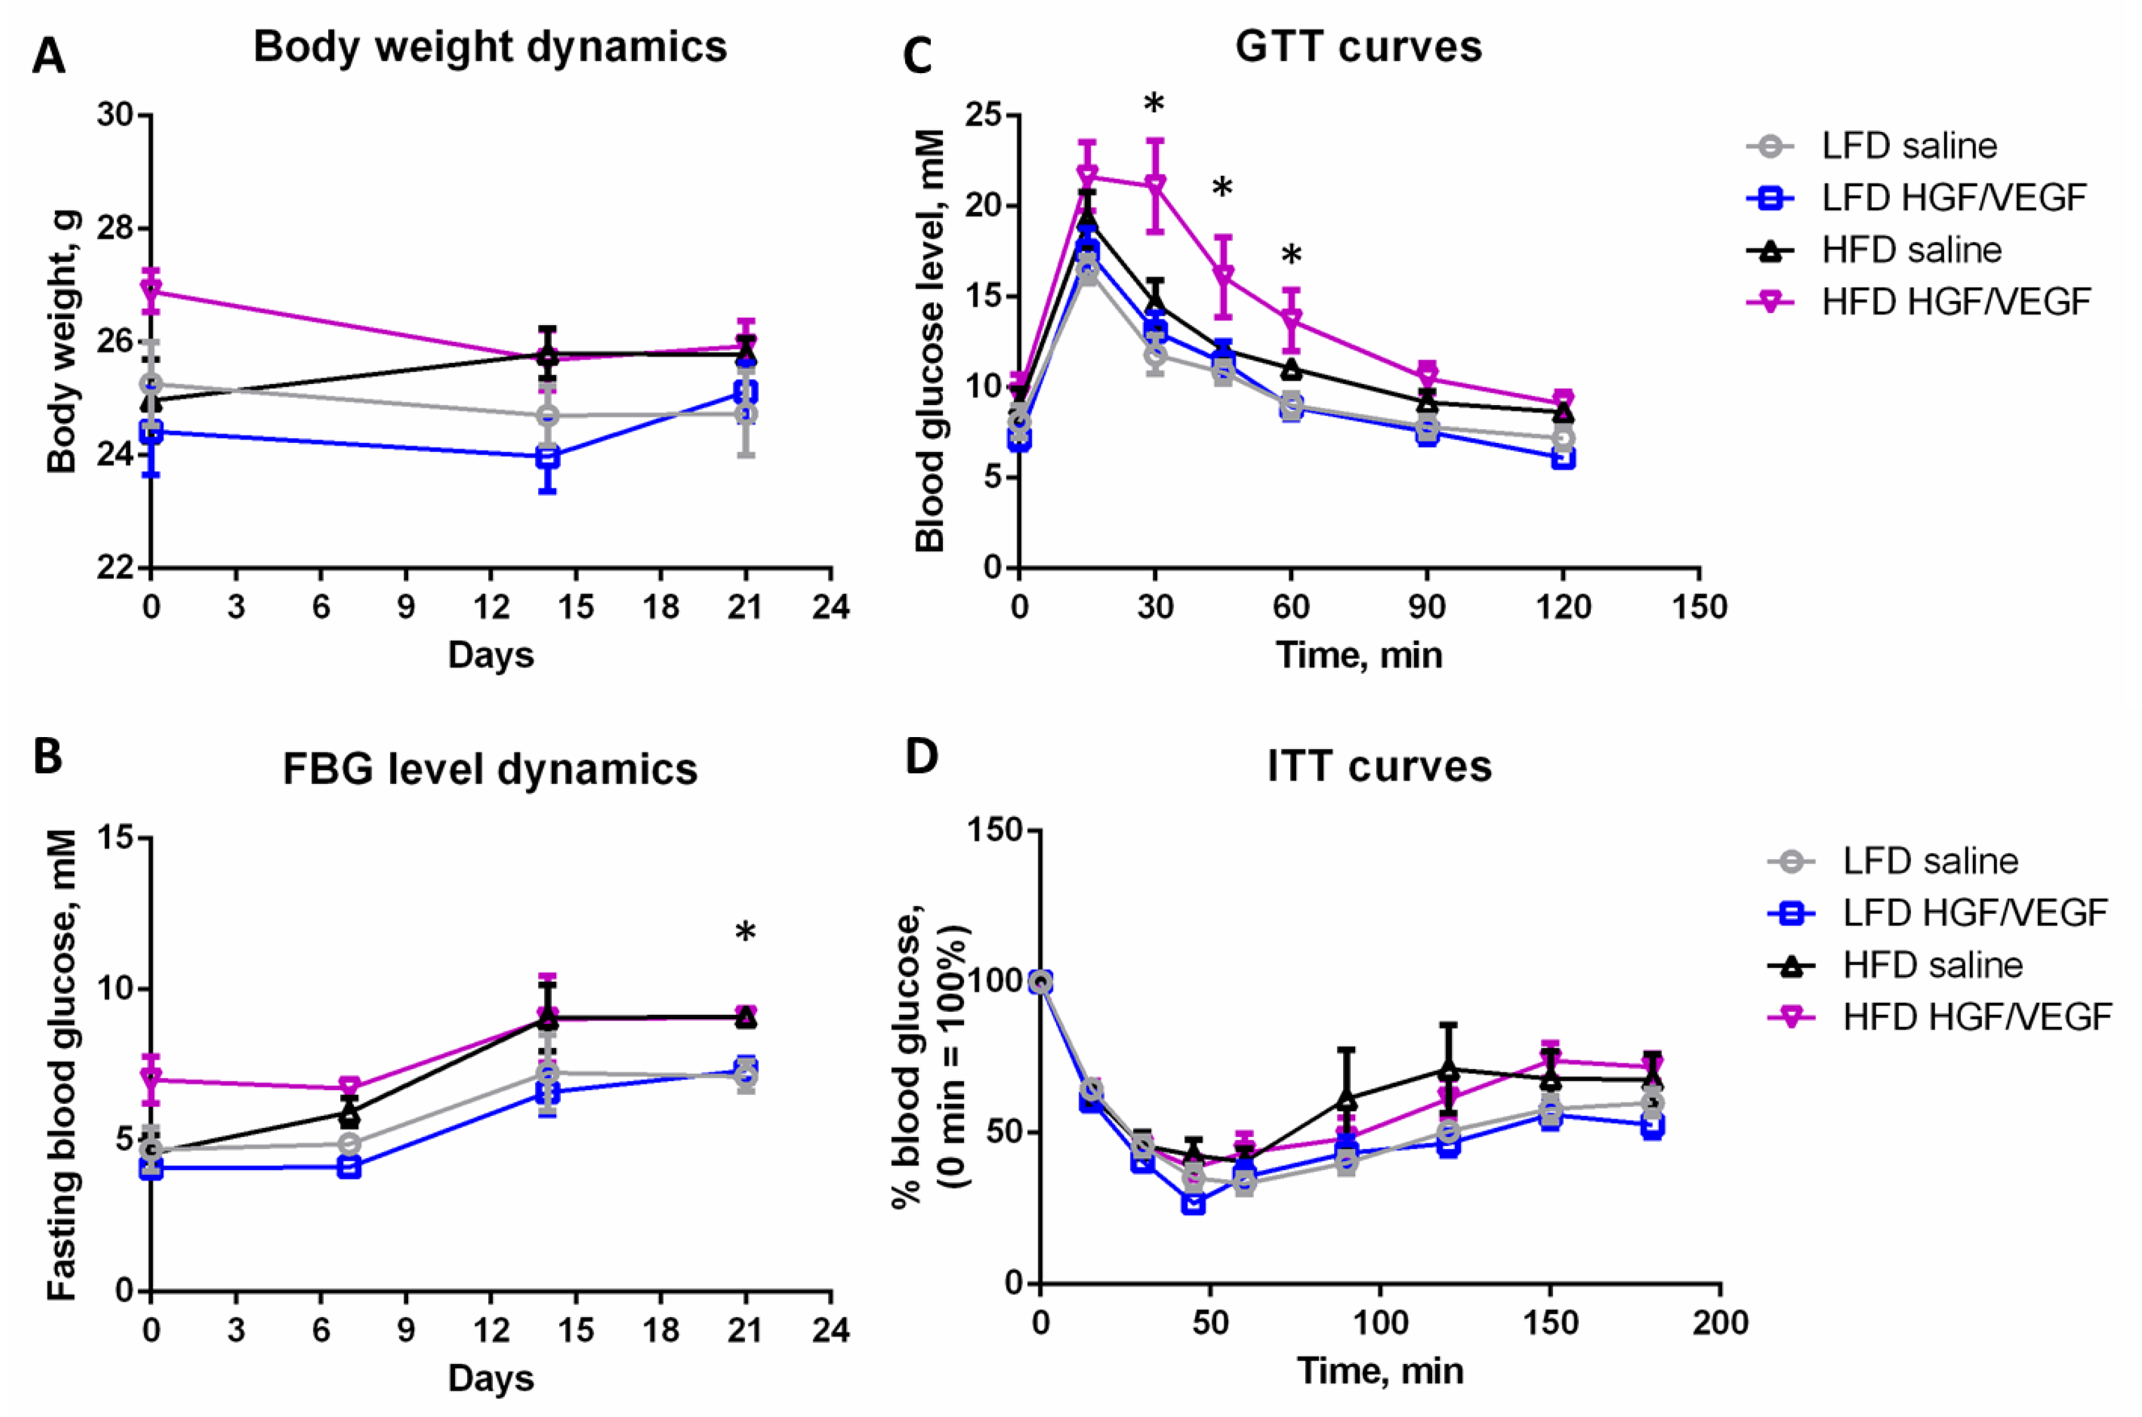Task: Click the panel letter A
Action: click(x=49, y=56)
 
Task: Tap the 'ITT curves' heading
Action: click(x=1379, y=766)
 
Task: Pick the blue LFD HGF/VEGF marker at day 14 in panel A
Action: click(x=547, y=457)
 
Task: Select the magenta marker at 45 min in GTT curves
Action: click(x=1223, y=275)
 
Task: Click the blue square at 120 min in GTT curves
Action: click(x=1563, y=458)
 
